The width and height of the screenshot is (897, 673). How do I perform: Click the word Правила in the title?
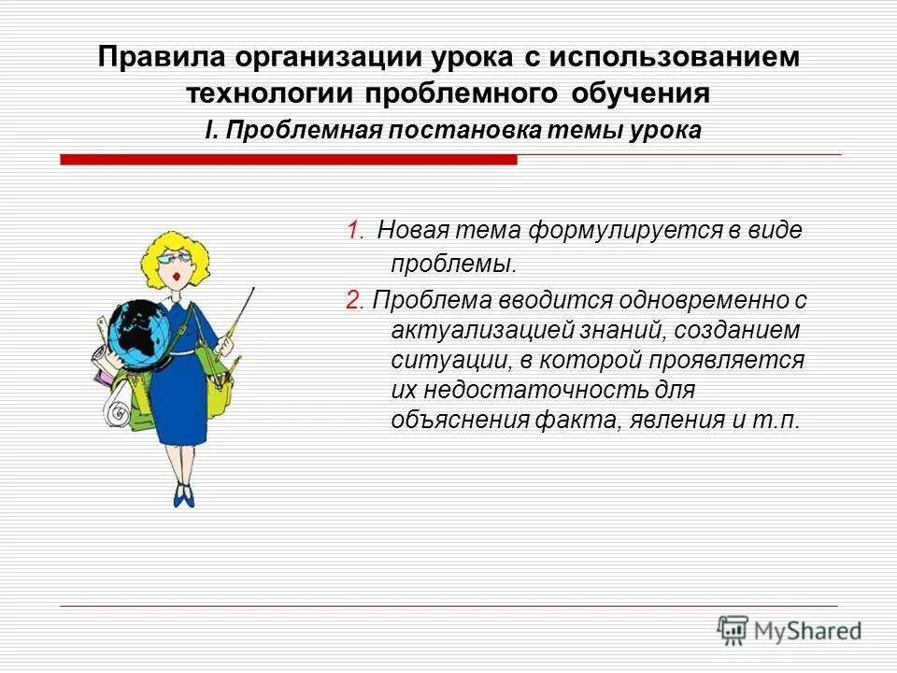(160, 57)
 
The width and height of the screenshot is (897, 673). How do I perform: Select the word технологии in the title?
(270, 94)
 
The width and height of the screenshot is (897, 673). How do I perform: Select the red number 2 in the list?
(352, 300)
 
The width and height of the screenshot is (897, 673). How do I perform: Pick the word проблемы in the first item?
(453, 264)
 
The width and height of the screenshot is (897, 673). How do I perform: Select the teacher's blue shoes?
(184, 495)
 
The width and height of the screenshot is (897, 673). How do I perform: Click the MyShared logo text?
(807, 631)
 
